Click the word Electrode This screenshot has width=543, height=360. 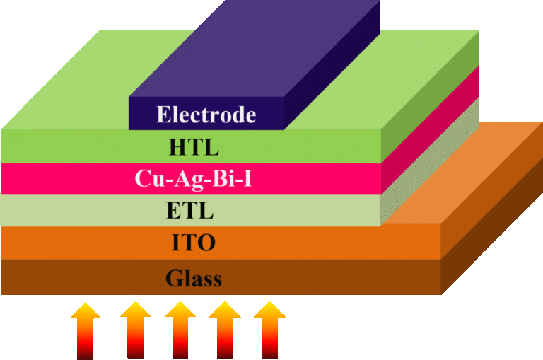[x=206, y=115]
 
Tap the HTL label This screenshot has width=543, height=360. [x=194, y=147]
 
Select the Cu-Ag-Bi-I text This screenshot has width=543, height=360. [x=193, y=179]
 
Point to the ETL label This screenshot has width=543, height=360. [x=189, y=210]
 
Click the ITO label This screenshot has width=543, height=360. [x=194, y=242]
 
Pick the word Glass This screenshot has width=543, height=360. [x=194, y=278]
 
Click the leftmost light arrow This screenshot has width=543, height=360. [x=85, y=331]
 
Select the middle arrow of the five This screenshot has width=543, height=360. [x=180, y=330]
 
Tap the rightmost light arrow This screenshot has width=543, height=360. [x=269, y=330]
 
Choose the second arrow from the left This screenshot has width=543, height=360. [x=136, y=330]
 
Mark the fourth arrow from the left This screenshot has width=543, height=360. [x=225, y=330]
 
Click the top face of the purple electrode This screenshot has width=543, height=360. [x=255, y=49]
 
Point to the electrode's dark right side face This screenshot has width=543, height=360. [x=332, y=66]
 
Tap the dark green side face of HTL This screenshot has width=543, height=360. [x=430, y=97]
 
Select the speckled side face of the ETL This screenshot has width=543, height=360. [x=429, y=162]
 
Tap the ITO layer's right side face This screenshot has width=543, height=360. [x=492, y=190]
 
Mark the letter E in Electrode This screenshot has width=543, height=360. [x=163, y=115]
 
